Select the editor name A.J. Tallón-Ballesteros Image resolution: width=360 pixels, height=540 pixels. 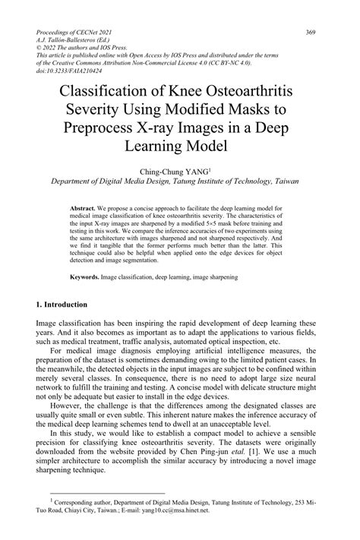(73, 40)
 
